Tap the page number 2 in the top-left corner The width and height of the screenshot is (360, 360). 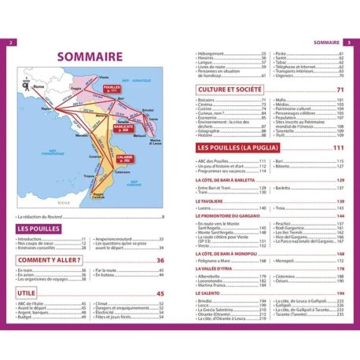(10, 42)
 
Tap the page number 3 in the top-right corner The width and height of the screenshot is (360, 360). (347, 42)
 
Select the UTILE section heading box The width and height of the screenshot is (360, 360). (30, 294)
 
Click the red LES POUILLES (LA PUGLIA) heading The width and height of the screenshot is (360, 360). (248, 148)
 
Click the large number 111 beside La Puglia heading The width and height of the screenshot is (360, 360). (340, 148)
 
